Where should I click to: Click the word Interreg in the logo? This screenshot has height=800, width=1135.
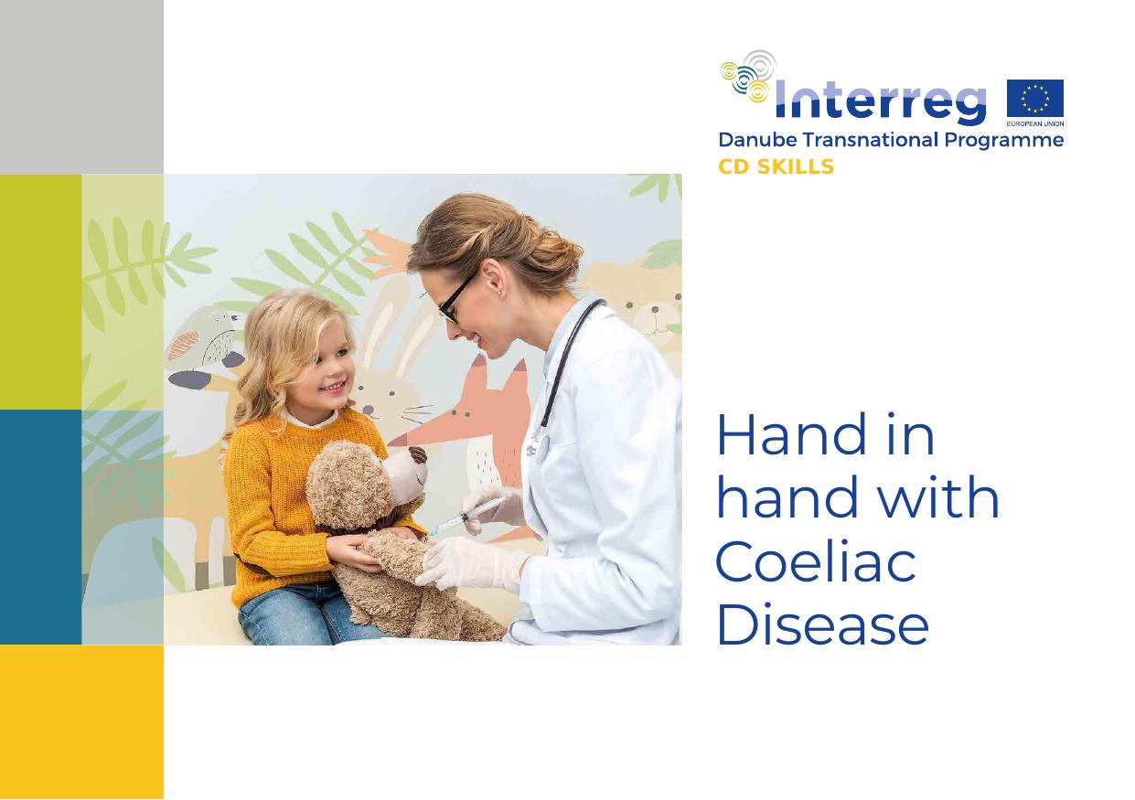pyautogui.click(x=881, y=102)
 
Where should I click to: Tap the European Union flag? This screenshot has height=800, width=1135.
pyautogui.click(x=1035, y=99)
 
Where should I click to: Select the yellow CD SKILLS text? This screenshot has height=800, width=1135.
pyautogui.click(x=776, y=166)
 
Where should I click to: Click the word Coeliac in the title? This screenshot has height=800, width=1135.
pyautogui.click(x=817, y=562)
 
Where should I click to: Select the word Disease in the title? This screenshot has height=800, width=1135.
pyautogui.click(x=823, y=624)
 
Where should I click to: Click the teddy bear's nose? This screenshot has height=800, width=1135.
pyautogui.click(x=418, y=454)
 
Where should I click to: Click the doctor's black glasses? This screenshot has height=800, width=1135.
pyautogui.click(x=455, y=301)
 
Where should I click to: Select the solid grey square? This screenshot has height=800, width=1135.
pyautogui.click(x=81, y=87)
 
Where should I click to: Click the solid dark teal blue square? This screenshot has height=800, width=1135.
pyautogui.click(x=40, y=527)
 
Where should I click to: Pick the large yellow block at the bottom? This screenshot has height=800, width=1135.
pyautogui.click(x=81, y=722)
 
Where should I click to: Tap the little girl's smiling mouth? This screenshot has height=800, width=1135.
pyautogui.click(x=333, y=388)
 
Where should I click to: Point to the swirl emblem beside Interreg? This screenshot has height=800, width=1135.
pyautogui.click(x=747, y=76)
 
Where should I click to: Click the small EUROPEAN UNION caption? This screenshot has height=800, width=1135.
pyautogui.click(x=1035, y=123)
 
